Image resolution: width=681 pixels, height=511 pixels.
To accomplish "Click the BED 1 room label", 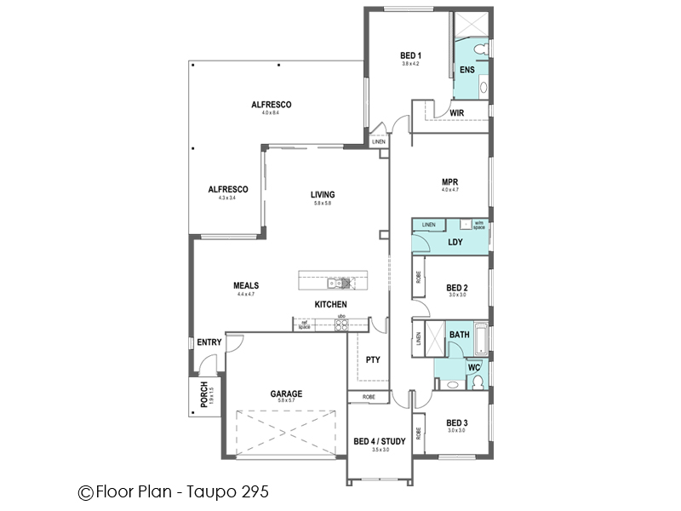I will tap(411, 56).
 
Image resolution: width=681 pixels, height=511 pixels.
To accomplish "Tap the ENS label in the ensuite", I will tap(467, 69).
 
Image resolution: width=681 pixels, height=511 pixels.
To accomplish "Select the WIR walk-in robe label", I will tap(456, 112).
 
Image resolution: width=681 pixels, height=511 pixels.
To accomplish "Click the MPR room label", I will tap(450, 181).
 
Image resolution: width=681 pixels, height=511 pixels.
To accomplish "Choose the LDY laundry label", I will tap(455, 243).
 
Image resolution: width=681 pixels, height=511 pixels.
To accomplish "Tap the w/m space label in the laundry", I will tap(478, 225).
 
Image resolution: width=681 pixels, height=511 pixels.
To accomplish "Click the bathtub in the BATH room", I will tap(481, 338).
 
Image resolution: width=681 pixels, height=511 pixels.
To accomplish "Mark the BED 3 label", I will tap(457, 422).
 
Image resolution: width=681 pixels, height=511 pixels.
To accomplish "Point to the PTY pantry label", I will tap(373, 360).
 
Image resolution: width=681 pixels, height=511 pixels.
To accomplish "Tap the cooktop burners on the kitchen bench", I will tap(340, 324).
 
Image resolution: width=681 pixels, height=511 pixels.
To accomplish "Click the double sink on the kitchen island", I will tap(339, 282).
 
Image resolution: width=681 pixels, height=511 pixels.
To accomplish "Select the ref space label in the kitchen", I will tap(303, 324).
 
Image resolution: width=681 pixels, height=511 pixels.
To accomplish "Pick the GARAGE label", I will tap(287, 393).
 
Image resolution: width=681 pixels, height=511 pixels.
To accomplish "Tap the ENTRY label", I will tap(209, 342).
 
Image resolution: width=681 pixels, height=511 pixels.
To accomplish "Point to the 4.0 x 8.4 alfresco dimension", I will tap(271, 113).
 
